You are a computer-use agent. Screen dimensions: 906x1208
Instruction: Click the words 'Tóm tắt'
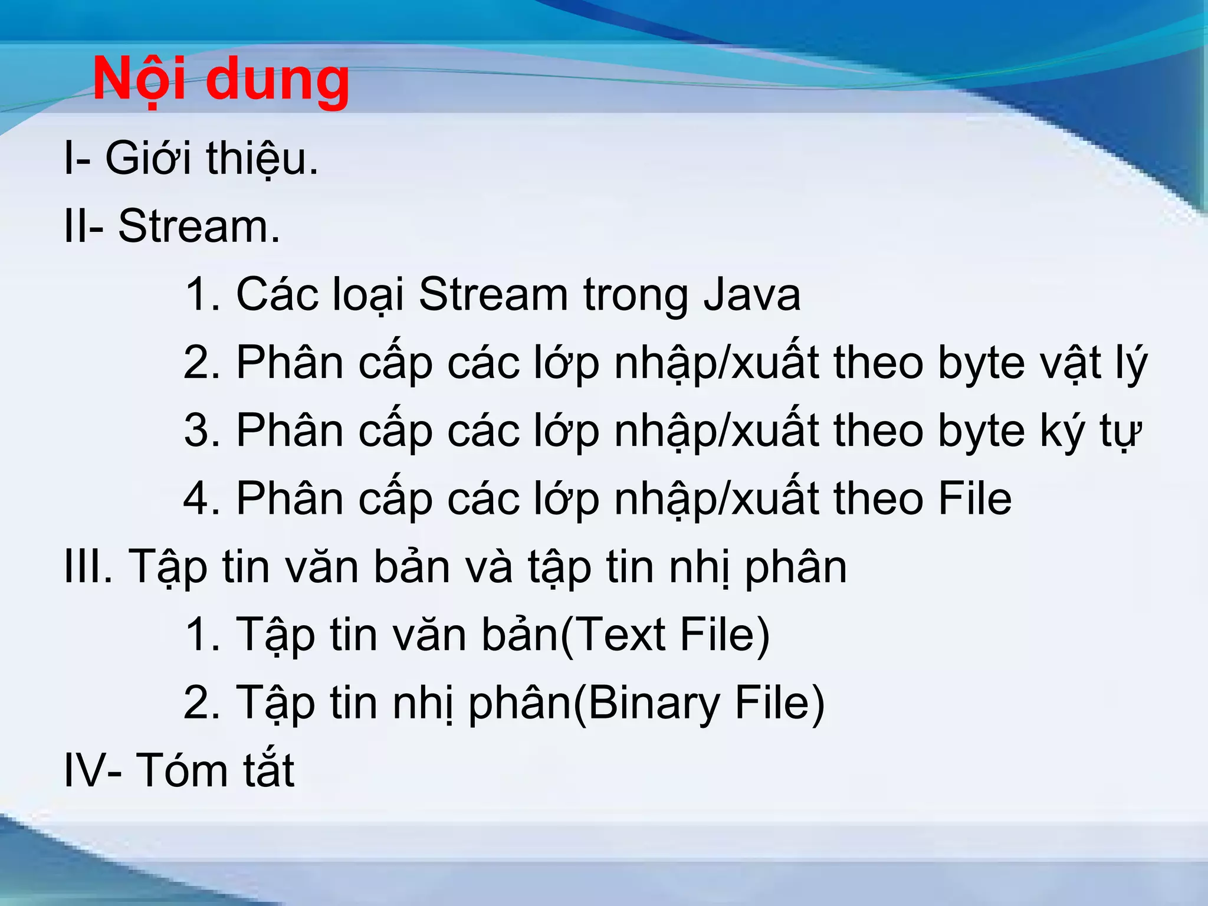(x=215, y=770)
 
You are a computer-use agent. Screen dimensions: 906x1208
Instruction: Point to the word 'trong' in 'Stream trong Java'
(x=635, y=296)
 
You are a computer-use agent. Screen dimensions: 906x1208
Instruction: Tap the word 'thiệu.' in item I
(x=262, y=159)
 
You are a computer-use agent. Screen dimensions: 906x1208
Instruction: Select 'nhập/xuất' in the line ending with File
(x=717, y=499)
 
